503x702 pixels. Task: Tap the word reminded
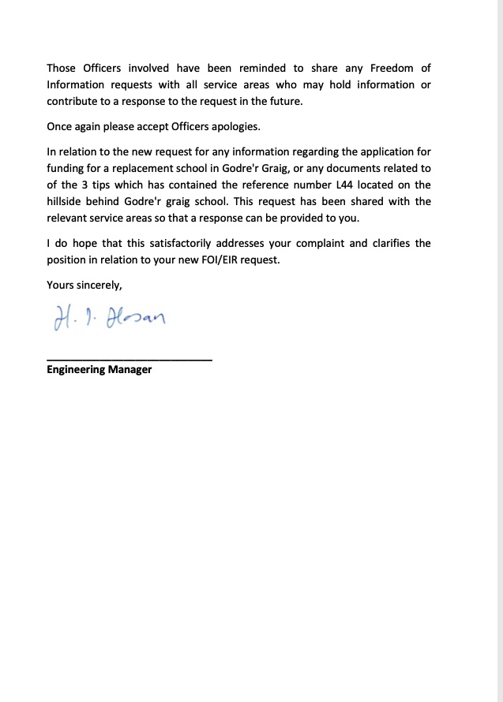pos(259,68)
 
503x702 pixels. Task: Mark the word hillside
pos(69,201)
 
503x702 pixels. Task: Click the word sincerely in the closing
pos(99,285)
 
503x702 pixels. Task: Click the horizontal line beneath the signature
pos(130,360)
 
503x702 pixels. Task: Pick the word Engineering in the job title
pos(76,369)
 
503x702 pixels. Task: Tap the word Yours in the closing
pos(61,285)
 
